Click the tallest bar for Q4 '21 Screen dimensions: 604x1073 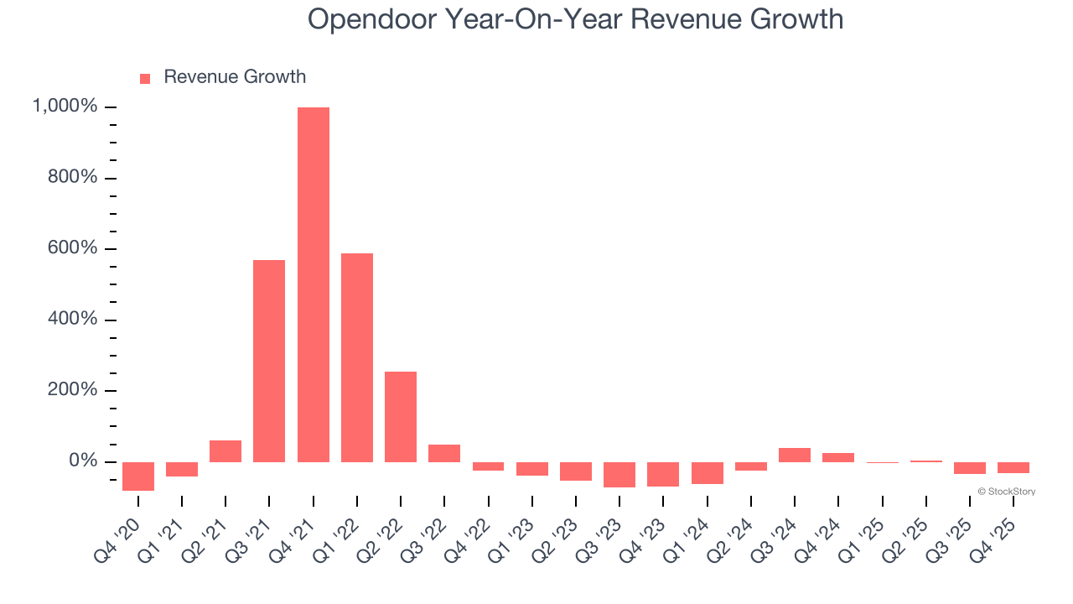[313, 285]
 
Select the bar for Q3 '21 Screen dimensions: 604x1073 [269, 361]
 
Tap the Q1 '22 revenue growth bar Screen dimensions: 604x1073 [357, 357]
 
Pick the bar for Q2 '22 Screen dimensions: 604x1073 [401, 417]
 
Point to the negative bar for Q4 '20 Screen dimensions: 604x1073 [137, 476]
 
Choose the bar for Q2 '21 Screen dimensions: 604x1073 [225, 451]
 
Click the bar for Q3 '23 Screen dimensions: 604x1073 [619, 474]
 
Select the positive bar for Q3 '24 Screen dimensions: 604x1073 [795, 455]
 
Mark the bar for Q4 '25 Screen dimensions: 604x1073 [1013, 467]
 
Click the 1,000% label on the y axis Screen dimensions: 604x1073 [65, 107]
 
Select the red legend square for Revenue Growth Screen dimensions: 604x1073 [145, 78]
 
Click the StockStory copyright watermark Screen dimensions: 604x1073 [1006, 492]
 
